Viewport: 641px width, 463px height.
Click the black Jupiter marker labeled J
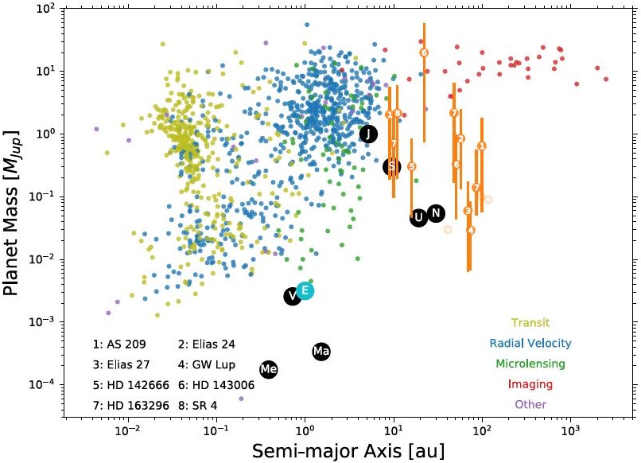[x=367, y=134]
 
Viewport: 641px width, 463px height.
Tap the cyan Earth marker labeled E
[x=305, y=291]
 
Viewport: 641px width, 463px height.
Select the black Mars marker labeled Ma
[x=321, y=351]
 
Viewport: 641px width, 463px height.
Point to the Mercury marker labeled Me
[x=269, y=369]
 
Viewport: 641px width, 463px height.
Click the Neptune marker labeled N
[x=435, y=212]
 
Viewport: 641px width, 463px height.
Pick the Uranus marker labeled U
[x=418, y=217]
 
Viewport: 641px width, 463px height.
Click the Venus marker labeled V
[x=293, y=296]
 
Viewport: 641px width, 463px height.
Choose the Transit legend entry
[x=530, y=322]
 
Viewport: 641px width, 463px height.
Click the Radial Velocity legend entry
[x=530, y=343]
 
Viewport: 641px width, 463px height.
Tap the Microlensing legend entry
[x=530, y=364]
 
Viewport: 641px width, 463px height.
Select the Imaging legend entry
[x=530, y=383]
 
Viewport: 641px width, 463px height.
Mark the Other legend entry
[x=530, y=404]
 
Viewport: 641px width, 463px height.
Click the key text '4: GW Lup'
[x=208, y=364]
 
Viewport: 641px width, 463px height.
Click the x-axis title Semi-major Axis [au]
[x=349, y=449]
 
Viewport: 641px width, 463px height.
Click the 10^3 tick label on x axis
[x=569, y=432]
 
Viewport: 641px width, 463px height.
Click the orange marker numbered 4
[x=471, y=230]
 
